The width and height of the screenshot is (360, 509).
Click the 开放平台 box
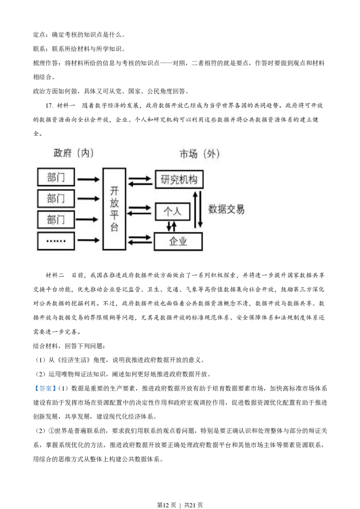coord(114,209)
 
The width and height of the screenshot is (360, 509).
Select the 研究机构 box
coord(179,180)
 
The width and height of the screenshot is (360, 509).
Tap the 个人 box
coord(172,211)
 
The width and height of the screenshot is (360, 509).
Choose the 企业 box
coord(178,241)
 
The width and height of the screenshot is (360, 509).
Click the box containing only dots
coord(56,241)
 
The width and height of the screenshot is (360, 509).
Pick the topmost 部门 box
coord(56,178)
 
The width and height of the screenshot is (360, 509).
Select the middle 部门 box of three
coord(56,198)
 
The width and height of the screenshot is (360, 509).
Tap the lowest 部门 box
coord(56,219)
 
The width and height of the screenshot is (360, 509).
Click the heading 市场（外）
coord(199,154)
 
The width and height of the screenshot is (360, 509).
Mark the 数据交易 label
coord(226,210)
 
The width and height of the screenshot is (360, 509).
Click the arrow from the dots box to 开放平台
coord(88,241)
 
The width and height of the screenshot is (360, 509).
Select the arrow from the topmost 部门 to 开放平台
coord(88,179)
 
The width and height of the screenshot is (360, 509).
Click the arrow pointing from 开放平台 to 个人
coord(140,207)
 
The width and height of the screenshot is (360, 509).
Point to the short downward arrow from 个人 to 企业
coord(169,225)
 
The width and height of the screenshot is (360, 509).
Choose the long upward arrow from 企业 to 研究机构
coord(195,209)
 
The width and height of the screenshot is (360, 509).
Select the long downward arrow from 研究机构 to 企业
coord(201,209)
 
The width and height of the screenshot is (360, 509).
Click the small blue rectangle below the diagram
coord(45,388)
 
